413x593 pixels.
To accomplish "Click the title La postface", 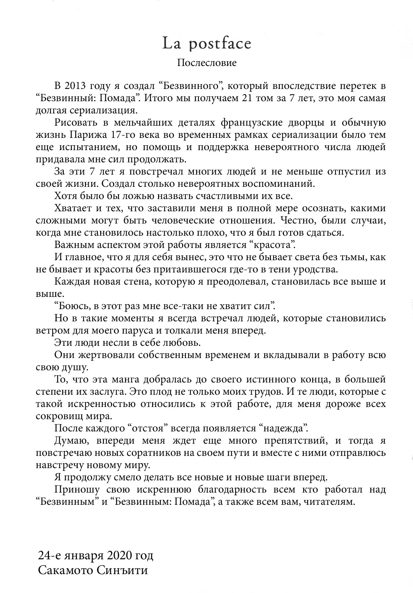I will pyautogui.click(x=207, y=44).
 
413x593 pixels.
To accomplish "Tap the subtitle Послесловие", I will pyautogui.click(x=207, y=63).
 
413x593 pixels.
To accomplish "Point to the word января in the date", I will pyautogui.click(x=83, y=556).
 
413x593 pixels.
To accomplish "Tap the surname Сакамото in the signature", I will pyautogui.click(x=66, y=570).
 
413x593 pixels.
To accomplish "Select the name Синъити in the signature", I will pyautogui.click(x=122, y=570).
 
